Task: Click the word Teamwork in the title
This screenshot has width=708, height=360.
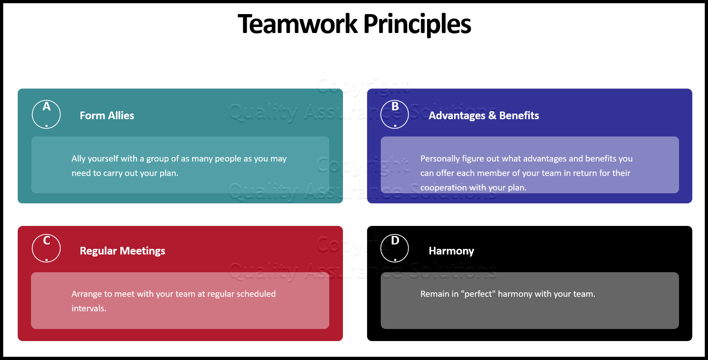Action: (297, 24)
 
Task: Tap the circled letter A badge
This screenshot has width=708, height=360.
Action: (46, 114)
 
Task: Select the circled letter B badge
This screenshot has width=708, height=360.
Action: (395, 114)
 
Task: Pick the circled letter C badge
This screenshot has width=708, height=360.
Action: (46, 248)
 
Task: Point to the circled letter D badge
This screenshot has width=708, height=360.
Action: (395, 248)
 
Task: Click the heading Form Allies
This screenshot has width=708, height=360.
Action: (107, 116)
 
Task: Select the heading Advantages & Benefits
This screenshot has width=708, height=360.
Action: (483, 116)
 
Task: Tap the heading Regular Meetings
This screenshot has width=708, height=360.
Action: (122, 251)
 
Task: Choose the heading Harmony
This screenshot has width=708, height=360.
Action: (451, 251)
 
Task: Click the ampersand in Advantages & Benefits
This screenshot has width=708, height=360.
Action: (492, 116)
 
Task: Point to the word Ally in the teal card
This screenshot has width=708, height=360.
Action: (78, 159)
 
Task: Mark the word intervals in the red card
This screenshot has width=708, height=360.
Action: (89, 308)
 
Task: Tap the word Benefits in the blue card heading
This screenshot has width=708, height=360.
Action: (519, 116)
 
